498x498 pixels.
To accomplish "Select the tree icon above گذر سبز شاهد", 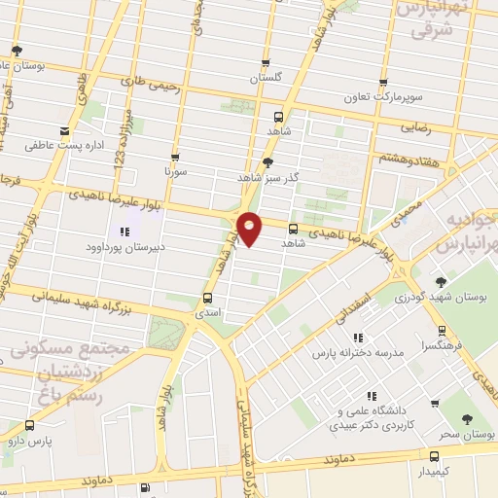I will (268, 162).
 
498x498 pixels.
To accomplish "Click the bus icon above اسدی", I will (207, 299).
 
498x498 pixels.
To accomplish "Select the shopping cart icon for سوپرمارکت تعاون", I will (386, 85).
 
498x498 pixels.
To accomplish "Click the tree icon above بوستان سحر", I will (468, 418).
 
